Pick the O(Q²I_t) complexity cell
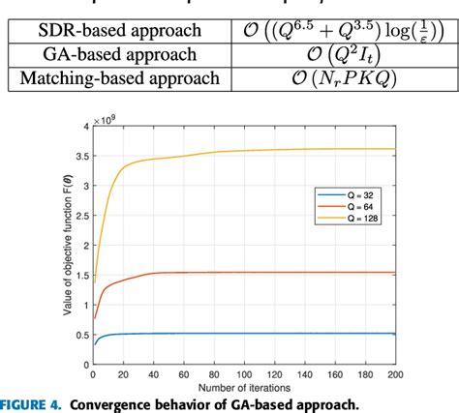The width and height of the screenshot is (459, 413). point(331,55)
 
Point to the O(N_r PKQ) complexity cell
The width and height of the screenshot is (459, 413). point(331,78)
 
